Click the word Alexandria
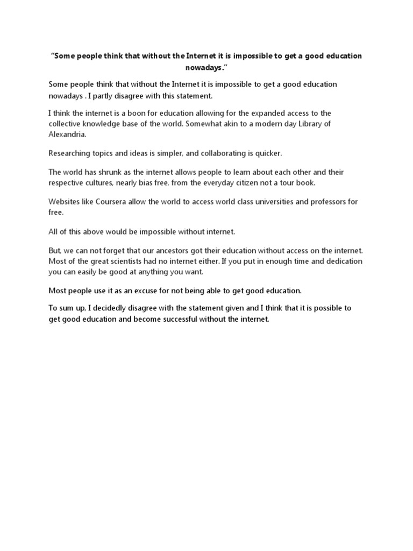click(67, 135)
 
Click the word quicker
click(268, 153)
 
